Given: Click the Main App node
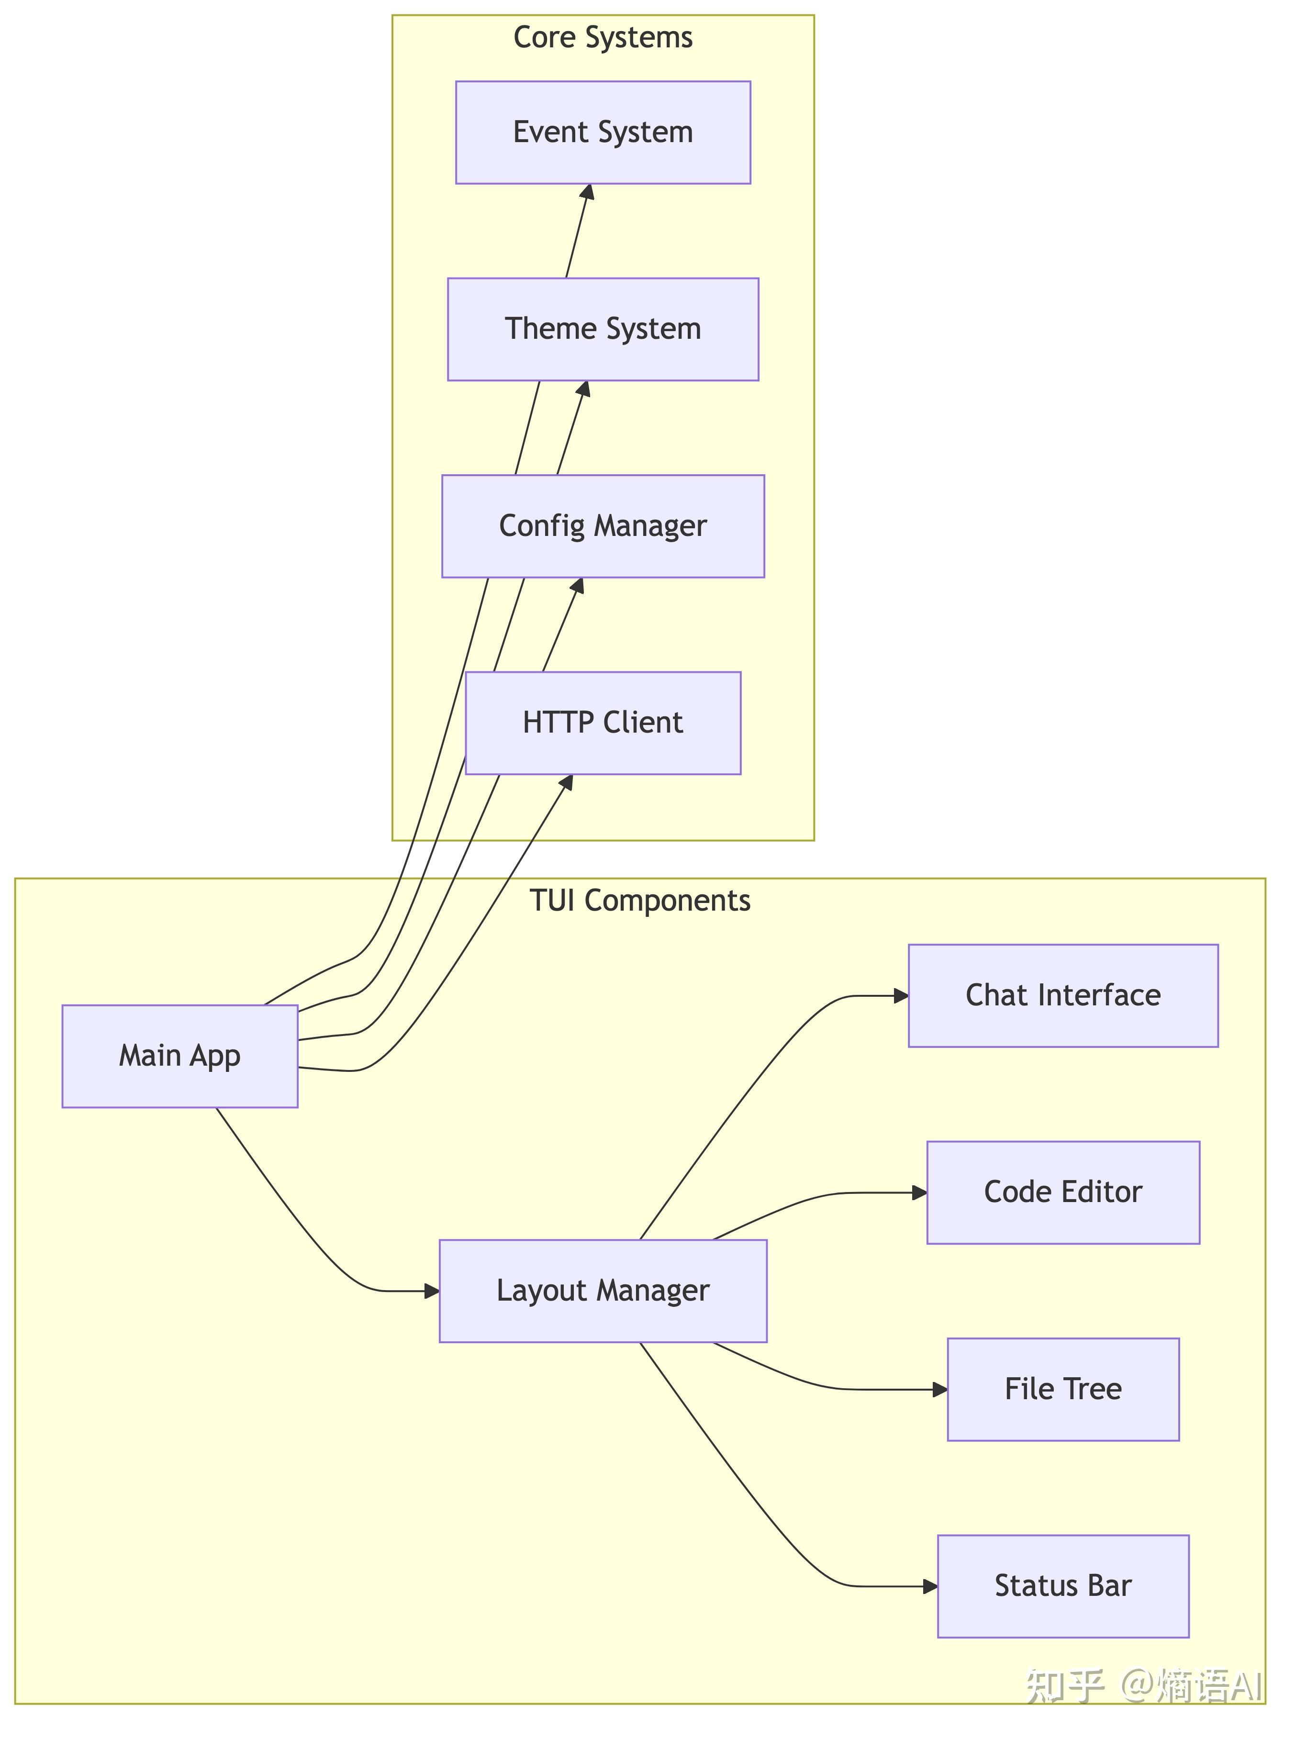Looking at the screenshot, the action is click(179, 1057).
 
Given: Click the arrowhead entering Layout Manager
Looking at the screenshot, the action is click(432, 1291).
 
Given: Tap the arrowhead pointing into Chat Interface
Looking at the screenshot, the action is click(901, 996).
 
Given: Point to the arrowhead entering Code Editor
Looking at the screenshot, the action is click(920, 1193).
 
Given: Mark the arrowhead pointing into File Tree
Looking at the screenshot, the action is click(940, 1390).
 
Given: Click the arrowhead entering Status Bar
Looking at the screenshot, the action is click(930, 1587).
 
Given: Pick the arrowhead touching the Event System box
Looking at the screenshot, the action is click(588, 192).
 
